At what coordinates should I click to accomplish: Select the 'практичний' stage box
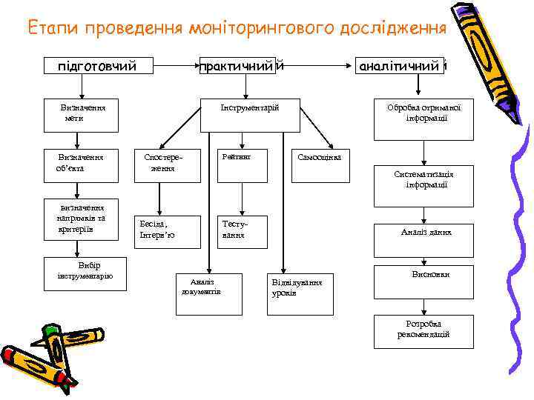[241, 66]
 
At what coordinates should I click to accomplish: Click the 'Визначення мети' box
[83, 113]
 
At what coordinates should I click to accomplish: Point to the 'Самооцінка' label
[319, 158]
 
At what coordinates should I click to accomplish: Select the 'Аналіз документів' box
[201, 287]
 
